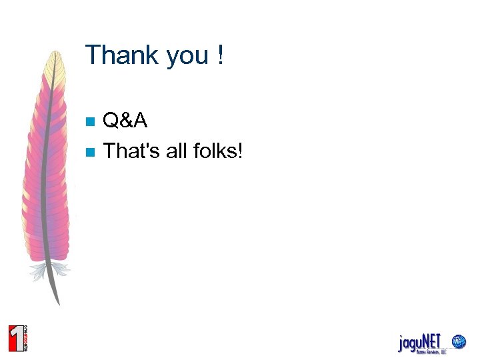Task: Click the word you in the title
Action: [x=187, y=56]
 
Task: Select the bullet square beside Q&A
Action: [x=91, y=122]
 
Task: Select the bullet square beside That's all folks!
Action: [x=91, y=152]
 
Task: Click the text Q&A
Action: [x=126, y=121]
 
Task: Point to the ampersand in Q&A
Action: [x=127, y=121]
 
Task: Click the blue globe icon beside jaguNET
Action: [x=459, y=342]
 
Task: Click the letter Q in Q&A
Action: [x=111, y=121]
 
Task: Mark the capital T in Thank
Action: [x=93, y=55]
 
